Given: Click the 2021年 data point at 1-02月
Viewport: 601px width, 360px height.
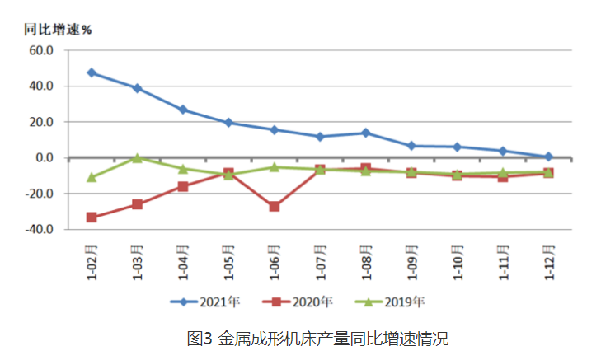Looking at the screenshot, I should pos(92,72).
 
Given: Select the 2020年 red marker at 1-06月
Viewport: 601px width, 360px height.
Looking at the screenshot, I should pos(275,206).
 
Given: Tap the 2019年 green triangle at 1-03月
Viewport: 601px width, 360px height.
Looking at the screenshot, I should pos(138,157).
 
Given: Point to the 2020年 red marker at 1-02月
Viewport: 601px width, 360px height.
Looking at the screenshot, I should pos(92,217).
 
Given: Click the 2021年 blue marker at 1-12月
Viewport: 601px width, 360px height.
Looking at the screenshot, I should pos(548,157).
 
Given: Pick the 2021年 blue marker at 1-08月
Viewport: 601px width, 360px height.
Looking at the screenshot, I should pos(365,133).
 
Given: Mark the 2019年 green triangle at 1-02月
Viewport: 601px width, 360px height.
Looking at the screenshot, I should pos(92,177).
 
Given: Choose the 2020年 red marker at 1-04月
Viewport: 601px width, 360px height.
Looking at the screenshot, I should pos(183,186).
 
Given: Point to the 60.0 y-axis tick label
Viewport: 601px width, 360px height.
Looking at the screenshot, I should pos(40,50).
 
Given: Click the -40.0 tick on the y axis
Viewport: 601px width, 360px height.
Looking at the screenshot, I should pos(39,230).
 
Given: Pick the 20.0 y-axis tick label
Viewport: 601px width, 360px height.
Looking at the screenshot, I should pos(40,122).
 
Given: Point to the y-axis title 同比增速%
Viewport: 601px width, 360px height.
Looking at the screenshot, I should pos(57,29).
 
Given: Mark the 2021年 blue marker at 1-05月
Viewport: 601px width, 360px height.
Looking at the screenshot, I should pos(228,123).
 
